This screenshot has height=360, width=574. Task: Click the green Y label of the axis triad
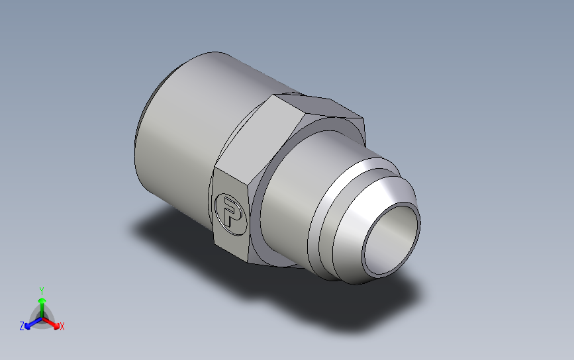click(42, 291)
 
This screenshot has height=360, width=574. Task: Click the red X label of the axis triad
click(62, 326)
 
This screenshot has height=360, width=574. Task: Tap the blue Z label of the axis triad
click(22, 326)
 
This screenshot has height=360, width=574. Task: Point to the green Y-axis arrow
click(42, 308)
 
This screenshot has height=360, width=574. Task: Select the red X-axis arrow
click(50, 323)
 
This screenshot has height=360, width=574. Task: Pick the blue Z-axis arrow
click(34, 323)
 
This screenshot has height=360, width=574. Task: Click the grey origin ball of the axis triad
click(42, 318)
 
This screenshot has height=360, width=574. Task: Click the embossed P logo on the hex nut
click(230, 214)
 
